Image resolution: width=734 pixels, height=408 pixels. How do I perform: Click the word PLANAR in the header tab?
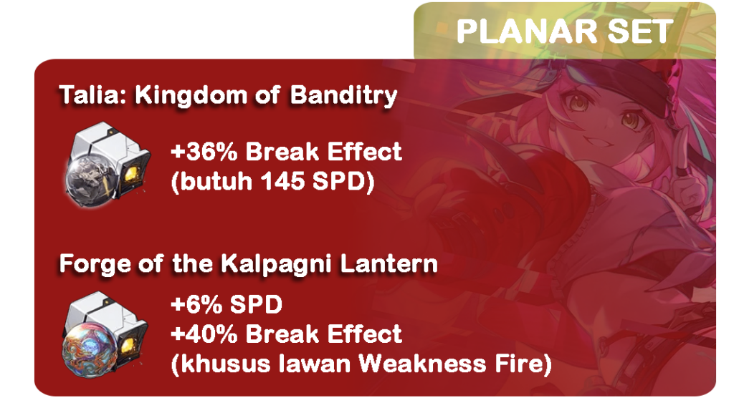click(526, 31)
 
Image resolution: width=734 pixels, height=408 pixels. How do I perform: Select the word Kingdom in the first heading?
click(191, 96)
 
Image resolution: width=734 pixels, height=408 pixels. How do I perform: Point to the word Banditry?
click(343, 96)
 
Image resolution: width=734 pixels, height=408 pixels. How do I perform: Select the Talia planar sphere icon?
click(108, 164)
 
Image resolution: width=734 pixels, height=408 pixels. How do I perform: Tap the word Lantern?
click(389, 263)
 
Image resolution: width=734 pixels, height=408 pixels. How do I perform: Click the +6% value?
click(196, 305)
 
